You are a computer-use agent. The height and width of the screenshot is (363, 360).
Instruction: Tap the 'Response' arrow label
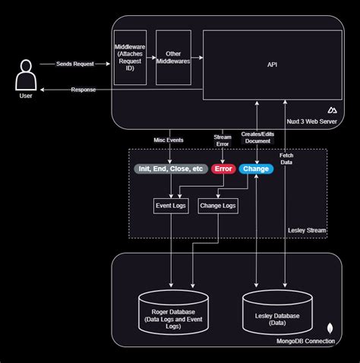(83, 90)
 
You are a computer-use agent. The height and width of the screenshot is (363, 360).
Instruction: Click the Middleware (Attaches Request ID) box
(129, 58)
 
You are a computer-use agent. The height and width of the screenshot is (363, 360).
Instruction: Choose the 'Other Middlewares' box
(173, 58)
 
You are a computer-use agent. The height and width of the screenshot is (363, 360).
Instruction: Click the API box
(271, 65)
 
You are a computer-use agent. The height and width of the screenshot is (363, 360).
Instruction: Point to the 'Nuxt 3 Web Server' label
(308, 122)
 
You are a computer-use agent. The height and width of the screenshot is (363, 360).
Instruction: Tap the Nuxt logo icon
(331, 111)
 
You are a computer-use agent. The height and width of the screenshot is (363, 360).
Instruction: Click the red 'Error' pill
(223, 169)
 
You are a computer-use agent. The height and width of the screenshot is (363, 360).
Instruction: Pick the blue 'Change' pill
(256, 169)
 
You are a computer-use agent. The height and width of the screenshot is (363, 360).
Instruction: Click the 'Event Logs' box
(170, 204)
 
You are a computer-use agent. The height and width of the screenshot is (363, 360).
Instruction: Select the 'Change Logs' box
(218, 204)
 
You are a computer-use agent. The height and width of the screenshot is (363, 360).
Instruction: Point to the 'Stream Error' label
(223, 140)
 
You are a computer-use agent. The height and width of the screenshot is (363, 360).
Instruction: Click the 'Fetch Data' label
(286, 158)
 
